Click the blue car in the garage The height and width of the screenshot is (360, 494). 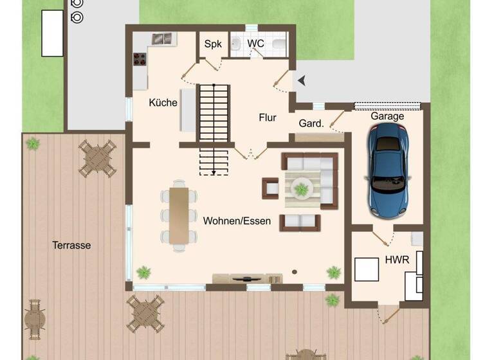coord(387,168)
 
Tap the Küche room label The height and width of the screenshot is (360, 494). coord(163,102)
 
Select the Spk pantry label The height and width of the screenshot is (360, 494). coord(212,44)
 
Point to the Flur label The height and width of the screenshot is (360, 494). coord(268,118)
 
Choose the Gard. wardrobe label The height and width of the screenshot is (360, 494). coord(311,123)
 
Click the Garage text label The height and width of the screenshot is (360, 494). coord(387,116)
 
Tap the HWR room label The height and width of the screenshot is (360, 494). coord(396,260)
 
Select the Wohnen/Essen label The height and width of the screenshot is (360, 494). coord(237,221)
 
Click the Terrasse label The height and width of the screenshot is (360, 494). coord(71,245)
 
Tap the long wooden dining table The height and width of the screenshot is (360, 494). coord(179,215)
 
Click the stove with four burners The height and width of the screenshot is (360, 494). coord(140,60)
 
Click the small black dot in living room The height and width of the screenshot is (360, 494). coord(295,271)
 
